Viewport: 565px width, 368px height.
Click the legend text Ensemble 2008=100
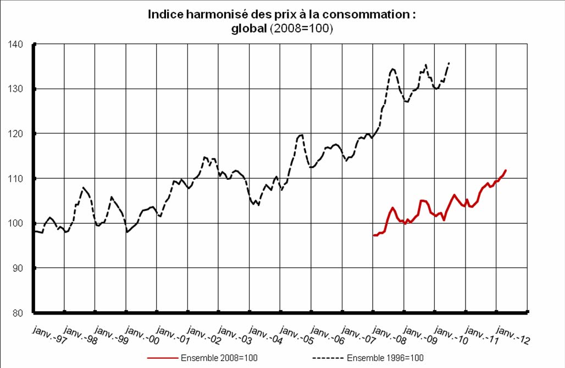click(219, 358)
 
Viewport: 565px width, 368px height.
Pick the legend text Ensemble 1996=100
click(385, 358)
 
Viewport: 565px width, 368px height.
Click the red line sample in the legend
click(162, 358)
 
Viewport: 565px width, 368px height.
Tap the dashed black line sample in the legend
click(329, 358)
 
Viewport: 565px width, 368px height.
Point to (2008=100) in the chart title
click(301, 29)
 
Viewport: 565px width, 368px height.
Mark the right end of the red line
click(506, 171)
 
